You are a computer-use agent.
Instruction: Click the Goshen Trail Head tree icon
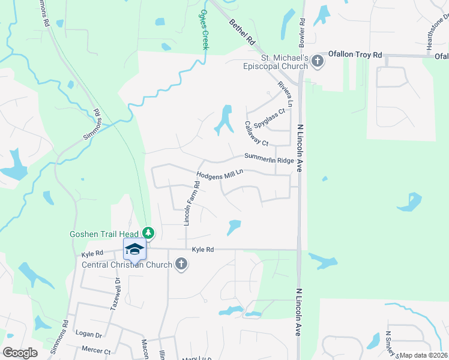[148, 233]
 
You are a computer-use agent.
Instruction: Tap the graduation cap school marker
[134, 249]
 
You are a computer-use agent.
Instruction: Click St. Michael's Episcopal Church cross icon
[317, 61]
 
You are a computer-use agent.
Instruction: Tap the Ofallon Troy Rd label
[360, 55]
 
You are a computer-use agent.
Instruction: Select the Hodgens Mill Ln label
[220, 174]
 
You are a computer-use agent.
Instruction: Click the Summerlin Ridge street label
[268, 158]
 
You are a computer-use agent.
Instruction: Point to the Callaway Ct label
[255, 134]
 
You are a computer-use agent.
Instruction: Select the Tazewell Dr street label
[116, 293]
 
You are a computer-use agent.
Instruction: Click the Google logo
[20, 353]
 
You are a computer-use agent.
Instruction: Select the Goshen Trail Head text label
[104, 233]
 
